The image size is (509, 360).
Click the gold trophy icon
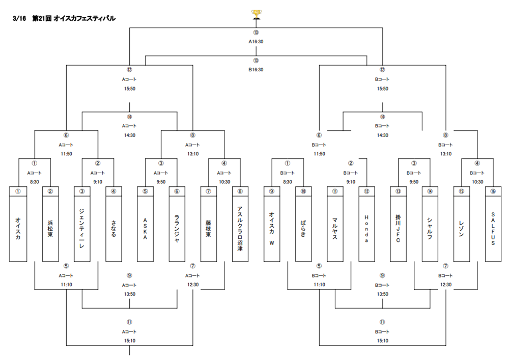coord(257,15)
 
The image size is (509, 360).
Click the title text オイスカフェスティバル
coord(84,18)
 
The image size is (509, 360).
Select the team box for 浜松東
coord(50,224)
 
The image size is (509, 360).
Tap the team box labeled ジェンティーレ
coord(82,224)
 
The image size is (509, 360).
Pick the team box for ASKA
coord(145,224)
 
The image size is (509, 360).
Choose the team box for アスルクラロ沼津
coord(240,224)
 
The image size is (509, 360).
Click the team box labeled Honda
coord(366,224)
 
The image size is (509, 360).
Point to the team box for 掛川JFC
coord(398,224)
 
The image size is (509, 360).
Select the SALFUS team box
coord(493,224)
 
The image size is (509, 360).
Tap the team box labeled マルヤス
coord(335,224)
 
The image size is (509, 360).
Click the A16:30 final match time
coord(256,42)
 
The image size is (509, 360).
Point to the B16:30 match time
coord(256,70)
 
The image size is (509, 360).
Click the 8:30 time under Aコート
coord(35,182)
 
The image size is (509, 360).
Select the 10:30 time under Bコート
coord(477,182)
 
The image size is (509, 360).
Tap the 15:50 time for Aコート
coord(129,89)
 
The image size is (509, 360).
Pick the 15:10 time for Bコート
coord(383,341)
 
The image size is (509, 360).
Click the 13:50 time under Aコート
coord(129,294)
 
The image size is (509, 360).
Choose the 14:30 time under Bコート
coord(383,135)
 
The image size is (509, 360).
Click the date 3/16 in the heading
coord(19,18)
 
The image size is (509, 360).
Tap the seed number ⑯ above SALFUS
coord(493,191)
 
